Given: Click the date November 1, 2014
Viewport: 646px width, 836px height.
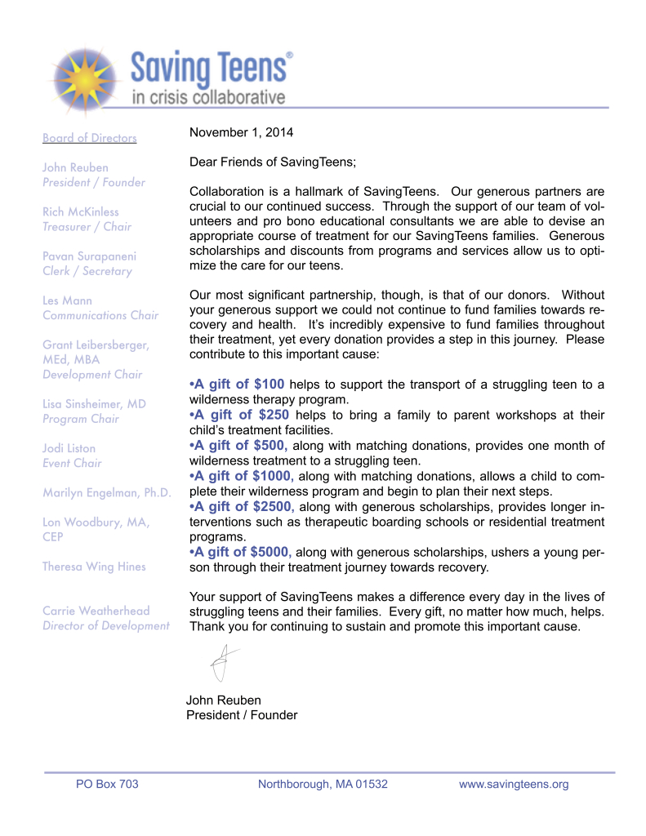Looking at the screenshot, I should (x=241, y=132).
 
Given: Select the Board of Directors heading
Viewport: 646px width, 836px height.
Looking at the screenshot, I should (x=89, y=138).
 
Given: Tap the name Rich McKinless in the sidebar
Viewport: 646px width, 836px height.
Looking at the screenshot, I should (x=80, y=212).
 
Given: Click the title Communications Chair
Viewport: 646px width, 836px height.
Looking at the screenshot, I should (x=100, y=315).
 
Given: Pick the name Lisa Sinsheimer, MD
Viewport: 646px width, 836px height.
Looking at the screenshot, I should (x=94, y=404).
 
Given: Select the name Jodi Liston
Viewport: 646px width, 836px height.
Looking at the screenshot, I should (x=69, y=448).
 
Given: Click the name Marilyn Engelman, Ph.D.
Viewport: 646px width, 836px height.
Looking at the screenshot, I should (x=107, y=492).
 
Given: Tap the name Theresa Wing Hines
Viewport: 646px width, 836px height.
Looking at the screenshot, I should (x=94, y=567).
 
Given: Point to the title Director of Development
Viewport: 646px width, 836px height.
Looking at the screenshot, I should (x=106, y=626).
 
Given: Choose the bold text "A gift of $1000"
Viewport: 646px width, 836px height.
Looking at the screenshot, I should (x=241, y=476).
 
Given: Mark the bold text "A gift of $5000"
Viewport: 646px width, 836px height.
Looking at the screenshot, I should (x=241, y=552).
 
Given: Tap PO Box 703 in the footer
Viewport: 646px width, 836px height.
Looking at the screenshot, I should (x=107, y=785).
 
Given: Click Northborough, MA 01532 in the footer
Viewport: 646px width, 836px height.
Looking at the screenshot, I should (x=323, y=785).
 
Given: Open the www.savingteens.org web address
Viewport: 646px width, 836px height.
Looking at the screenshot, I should (x=514, y=785).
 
